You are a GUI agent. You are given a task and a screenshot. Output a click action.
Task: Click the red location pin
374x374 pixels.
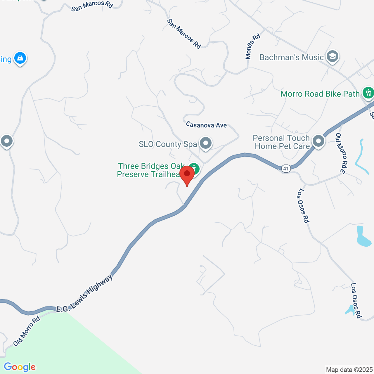pyautogui.click(x=187, y=175)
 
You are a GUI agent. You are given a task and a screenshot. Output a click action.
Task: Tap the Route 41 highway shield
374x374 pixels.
pyautogui.click(x=286, y=169)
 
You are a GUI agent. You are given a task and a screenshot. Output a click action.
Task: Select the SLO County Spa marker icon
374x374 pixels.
pyautogui.click(x=206, y=143)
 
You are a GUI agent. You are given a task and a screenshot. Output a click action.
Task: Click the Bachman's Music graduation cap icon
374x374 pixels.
pyautogui.click(x=332, y=56)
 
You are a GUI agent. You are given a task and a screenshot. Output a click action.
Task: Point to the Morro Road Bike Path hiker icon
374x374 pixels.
pyautogui.click(x=368, y=93)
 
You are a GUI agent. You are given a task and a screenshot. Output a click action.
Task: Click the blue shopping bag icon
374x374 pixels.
pyautogui.click(x=20, y=58)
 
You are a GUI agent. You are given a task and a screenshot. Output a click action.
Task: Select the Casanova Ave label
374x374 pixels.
pyautogui.click(x=206, y=125)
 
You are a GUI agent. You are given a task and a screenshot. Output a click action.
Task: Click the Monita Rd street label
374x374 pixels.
pyautogui.click(x=253, y=47)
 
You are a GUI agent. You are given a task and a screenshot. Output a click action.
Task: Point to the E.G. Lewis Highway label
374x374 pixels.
pyautogui.click(x=84, y=293)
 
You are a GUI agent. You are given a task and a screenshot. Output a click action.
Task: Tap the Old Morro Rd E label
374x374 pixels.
pyautogui.click(x=341, y=153)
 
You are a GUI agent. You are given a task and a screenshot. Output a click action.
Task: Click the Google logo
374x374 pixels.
pyautogui.click(x=20, y=367)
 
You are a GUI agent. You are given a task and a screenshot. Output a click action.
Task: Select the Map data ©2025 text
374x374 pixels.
pyautogui.click(x=349, y=370)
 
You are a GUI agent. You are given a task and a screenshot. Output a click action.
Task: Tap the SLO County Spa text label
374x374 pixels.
pyautogui.click(x=168, y=144)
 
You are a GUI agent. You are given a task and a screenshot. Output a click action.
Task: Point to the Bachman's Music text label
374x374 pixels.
pyautogui.click(x=292, y=57)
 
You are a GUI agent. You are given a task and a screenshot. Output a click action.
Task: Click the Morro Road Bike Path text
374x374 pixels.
pyautogui.click(x=320, y=94)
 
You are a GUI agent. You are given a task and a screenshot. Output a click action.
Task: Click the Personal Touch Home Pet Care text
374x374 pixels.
pyautogui.click(x=282, y=142)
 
